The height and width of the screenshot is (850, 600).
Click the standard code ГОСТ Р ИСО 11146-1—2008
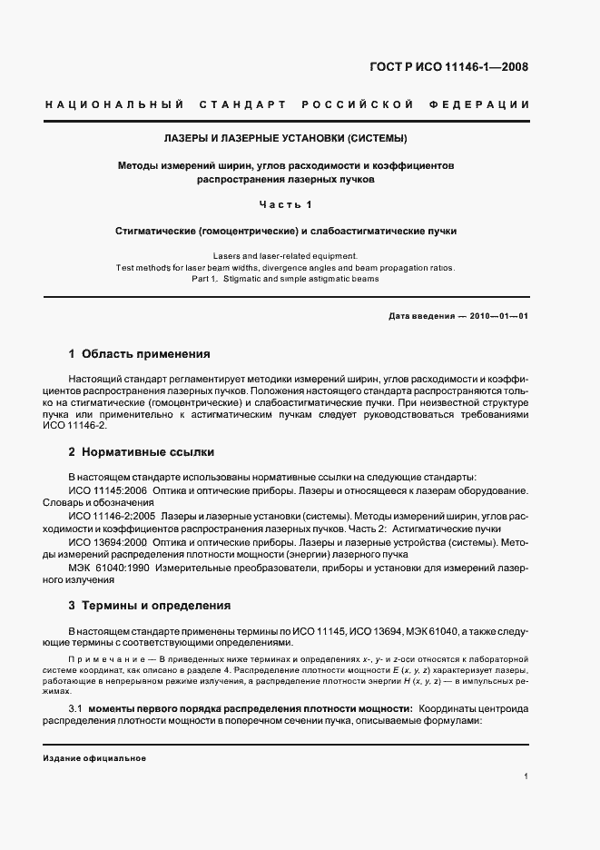pos(462,66)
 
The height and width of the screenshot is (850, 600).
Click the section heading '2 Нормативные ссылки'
pos(142,451)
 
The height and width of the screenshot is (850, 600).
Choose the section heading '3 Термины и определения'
pos(150,606)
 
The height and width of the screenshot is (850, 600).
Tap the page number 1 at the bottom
pos(526,776)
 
